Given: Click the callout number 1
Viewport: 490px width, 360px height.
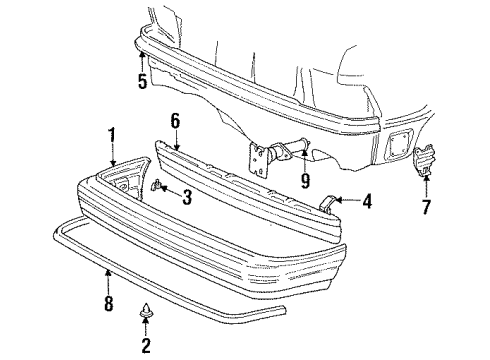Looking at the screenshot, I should tap(113, 133).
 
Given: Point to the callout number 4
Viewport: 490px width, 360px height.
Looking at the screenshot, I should tap(367, 203).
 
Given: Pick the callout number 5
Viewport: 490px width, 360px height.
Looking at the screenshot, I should tap(143, 81).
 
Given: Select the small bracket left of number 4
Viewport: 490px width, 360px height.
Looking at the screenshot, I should tap(329, 203).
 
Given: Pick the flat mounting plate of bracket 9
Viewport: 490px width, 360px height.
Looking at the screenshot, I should tap(262, 160).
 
